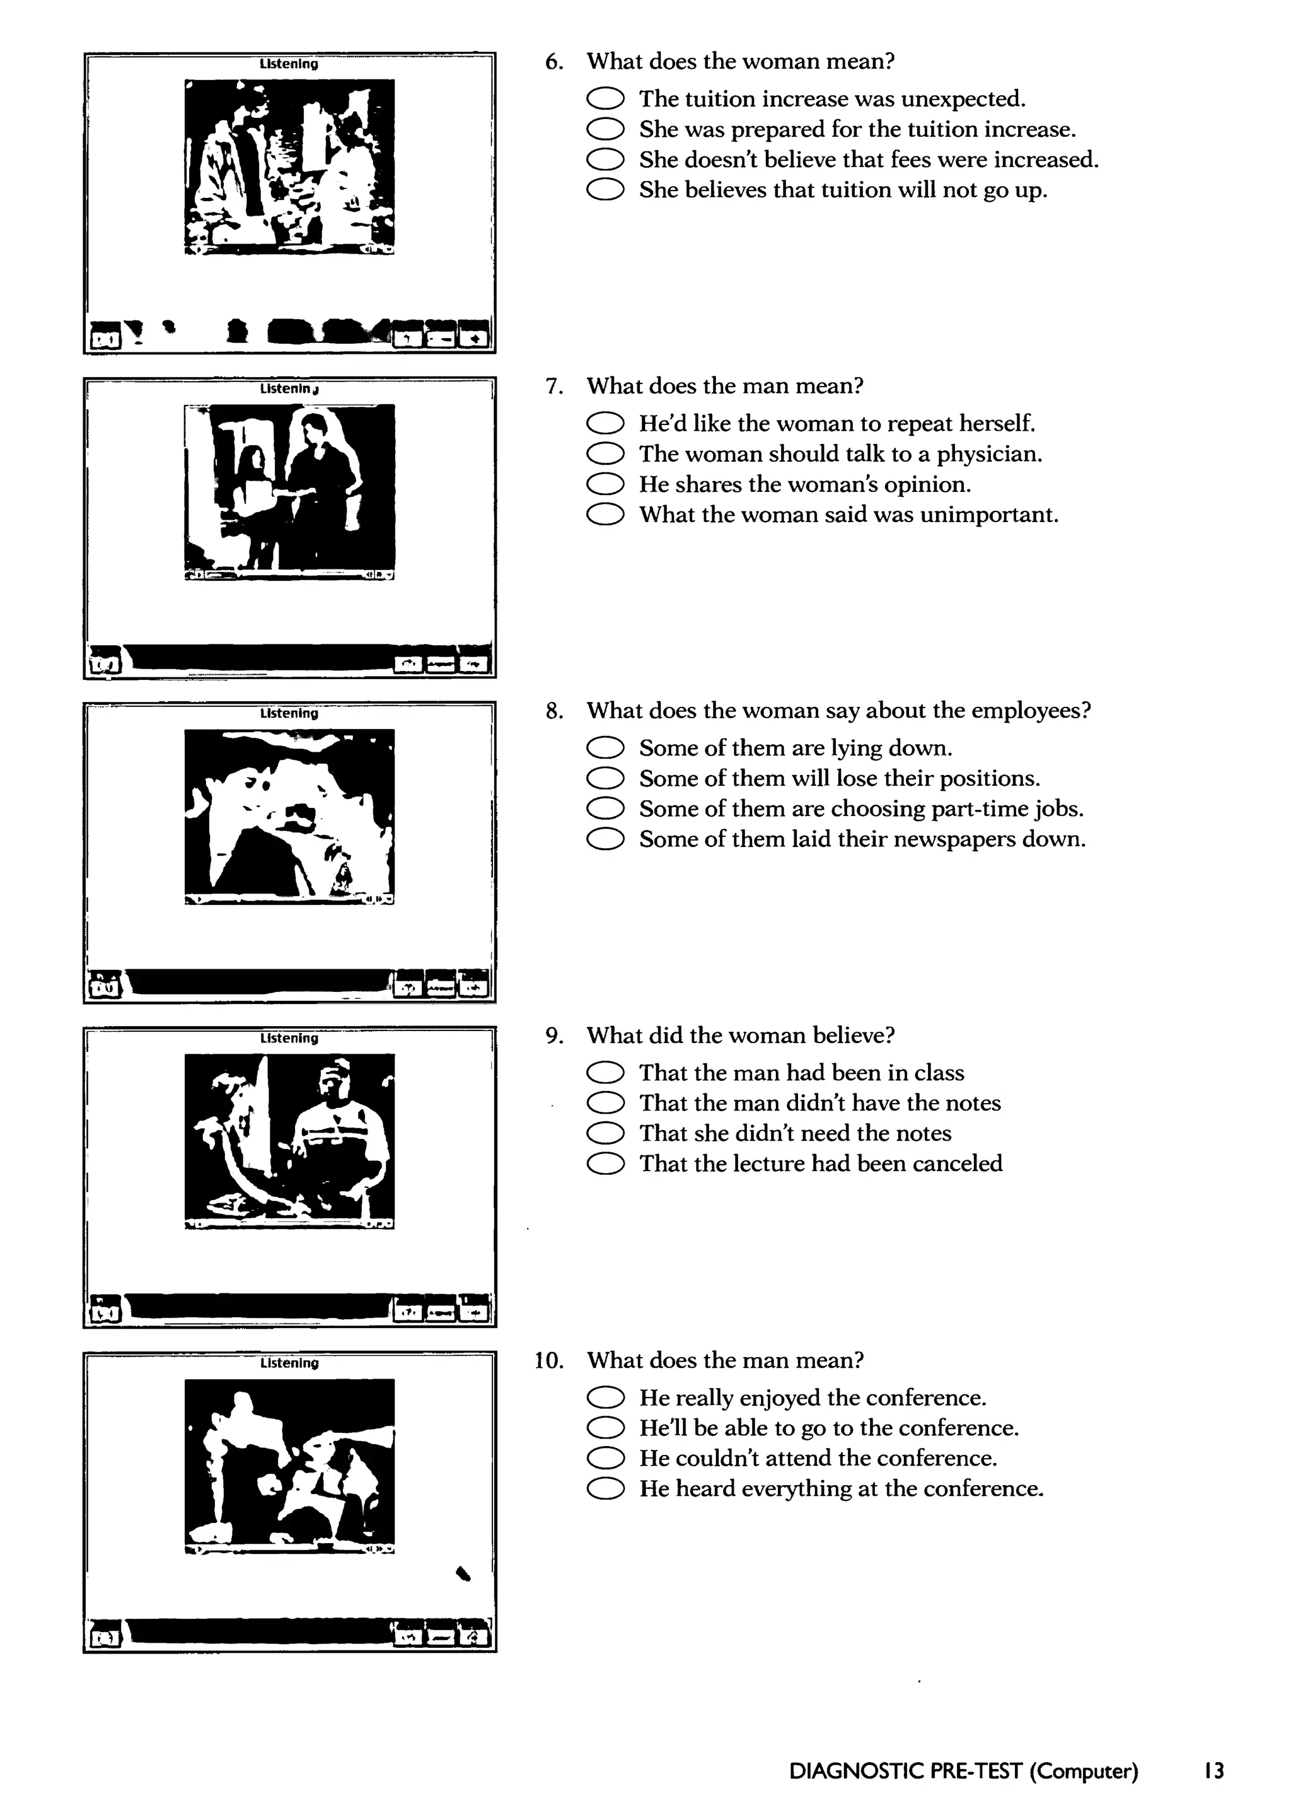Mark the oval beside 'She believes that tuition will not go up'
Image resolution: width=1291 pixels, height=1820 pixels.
[605, 190]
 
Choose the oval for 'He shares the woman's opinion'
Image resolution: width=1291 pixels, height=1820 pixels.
[605, 484]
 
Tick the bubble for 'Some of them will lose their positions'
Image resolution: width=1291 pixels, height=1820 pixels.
[605, 778]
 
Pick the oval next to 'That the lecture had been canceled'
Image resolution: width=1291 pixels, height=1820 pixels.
[605, 1164]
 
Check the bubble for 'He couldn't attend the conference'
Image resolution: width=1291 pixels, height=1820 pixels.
[605, 1458]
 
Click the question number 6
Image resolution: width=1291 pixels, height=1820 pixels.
[554, 62]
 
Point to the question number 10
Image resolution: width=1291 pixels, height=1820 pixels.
[548, 1360]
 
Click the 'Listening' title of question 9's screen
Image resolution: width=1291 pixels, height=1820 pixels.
[289, 1039]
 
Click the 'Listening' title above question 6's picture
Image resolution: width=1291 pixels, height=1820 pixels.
[289, 64]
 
